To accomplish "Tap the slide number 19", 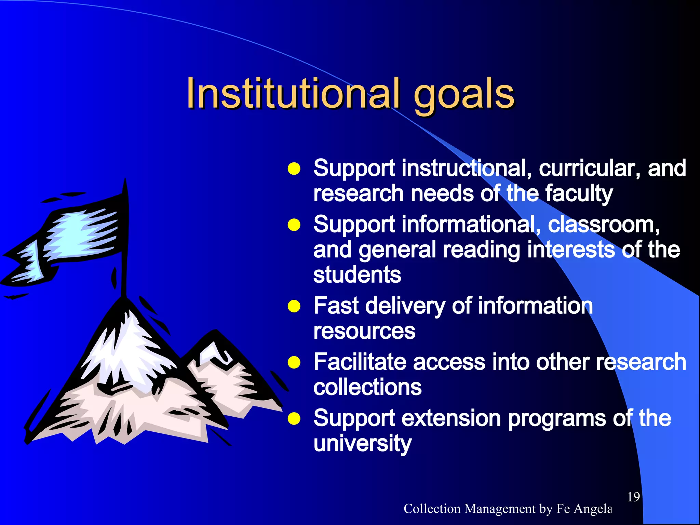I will [x=633, y=497].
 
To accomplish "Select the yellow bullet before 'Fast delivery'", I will [x=294, y=306].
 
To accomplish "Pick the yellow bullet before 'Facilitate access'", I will [x=294, y=363].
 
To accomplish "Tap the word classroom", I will [x=604, y=225].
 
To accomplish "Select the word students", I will [x=357, y=275].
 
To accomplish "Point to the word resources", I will [x=364, y=331].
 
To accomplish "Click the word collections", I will [x=367, y=387].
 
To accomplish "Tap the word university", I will [x=363, y=444].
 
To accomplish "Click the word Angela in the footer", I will [x=593, y=509].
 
